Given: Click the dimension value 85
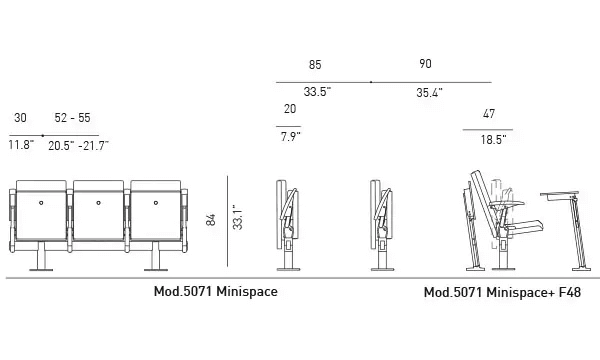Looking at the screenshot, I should click(x=315, y=65).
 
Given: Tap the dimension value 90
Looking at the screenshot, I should click(x=425, y=65).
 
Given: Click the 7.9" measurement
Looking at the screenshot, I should click(x=290, y=138).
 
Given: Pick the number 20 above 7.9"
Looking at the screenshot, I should click(x=289, y=109).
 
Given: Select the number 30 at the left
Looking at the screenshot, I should click(x=21, y=118).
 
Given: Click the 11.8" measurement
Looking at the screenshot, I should click(x=21, y=146).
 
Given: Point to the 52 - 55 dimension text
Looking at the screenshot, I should click(x=72, y=118).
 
